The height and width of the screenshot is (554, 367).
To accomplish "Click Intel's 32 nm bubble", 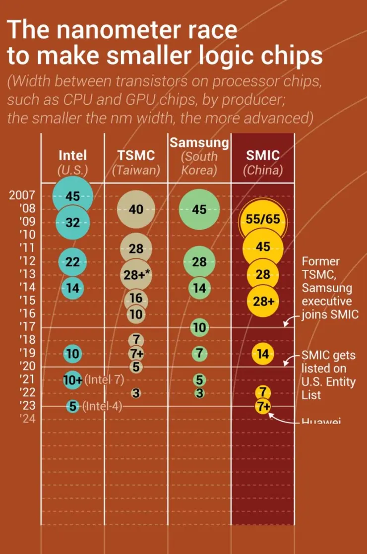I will pos(73,223).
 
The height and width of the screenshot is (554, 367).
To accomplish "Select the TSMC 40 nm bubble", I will pos(136,209).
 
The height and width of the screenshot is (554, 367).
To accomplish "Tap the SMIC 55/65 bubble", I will pos(263,220).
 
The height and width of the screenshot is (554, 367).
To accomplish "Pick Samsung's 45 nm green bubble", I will pos(199,209).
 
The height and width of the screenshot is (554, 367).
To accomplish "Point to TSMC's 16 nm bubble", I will pos(136,299).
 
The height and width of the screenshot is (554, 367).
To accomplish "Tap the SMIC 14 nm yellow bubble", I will pos(263,354).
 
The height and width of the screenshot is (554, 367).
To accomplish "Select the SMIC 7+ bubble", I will pos(263,406).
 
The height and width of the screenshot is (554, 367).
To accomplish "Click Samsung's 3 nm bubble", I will pos(199,393).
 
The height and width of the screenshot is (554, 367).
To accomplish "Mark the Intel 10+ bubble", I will pos(73,380).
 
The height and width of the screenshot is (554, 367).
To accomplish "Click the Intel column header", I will pos(72,156).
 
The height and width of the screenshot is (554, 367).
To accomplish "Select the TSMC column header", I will pos(136,156).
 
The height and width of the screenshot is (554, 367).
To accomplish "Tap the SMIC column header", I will pos(263,156).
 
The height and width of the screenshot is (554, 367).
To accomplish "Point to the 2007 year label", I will pos(22,195).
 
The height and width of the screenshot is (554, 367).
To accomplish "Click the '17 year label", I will pos(27,327).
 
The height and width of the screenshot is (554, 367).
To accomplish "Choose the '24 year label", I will pos(27,419).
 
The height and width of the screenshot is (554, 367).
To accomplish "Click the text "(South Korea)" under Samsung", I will pos(199,164).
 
